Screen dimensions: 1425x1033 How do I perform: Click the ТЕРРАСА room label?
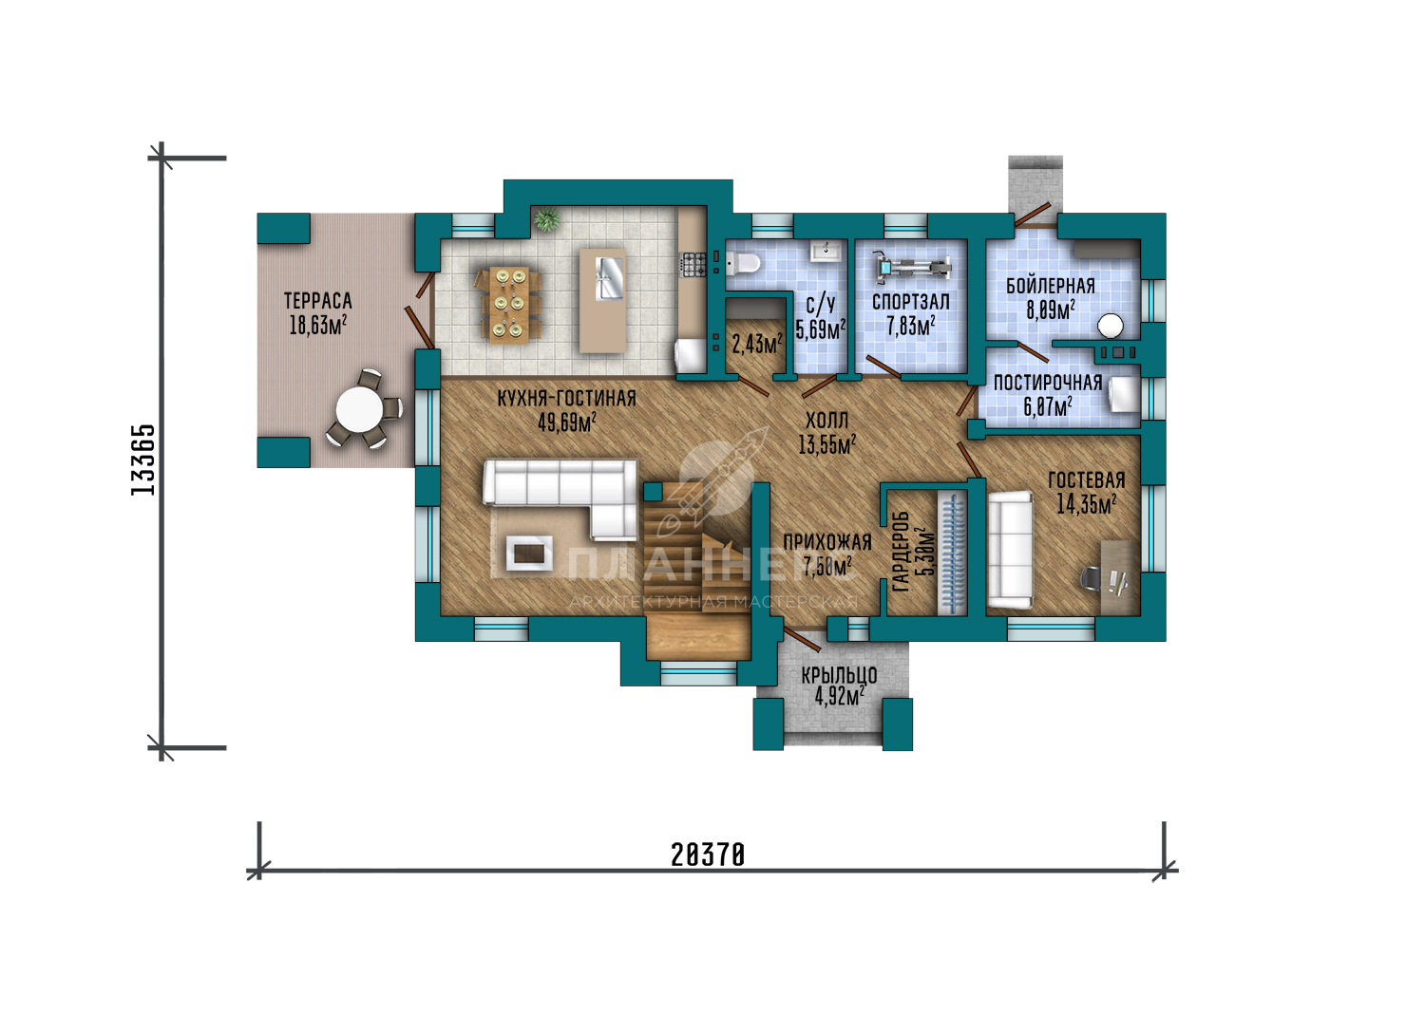pos(317,301)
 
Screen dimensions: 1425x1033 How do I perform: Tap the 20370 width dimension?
pos(708,855)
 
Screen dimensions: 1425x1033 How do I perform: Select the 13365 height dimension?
pos(143,459)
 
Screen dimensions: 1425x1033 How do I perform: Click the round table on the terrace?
pos(359,410)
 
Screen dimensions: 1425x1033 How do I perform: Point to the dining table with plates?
pos(509,305)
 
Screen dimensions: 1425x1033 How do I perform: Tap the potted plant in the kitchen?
pos(546,219)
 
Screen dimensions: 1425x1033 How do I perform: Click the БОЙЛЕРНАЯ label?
pos(1051,286)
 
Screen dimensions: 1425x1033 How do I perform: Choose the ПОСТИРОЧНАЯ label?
pos(1048,383)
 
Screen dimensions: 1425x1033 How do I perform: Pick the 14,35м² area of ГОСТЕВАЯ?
pos(1087,504)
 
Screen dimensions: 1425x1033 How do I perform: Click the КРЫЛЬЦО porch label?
pos(839,675)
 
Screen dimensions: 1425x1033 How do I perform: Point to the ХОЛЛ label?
pos(827,421)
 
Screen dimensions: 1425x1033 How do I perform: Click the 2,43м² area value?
pos(757,345)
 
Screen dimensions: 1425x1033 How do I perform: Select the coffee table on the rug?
pos(528,553)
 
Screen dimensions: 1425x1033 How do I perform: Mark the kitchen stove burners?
pos(693,264)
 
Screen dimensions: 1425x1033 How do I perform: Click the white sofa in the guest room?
pos(1010,549)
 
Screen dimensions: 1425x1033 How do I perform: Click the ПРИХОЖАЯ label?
pos(827,542)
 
